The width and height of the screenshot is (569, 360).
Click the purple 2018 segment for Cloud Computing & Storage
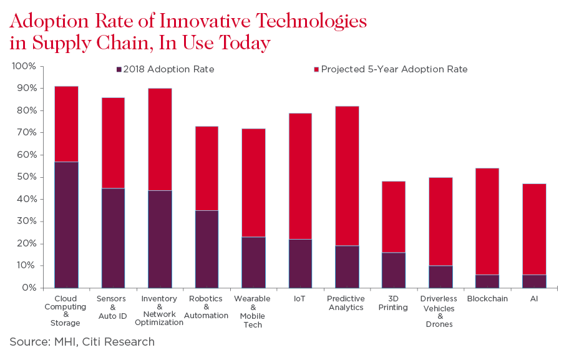pyautogui.click(x=66, y=225)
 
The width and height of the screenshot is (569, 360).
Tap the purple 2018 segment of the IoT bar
pyautogui.click(x=300, y=263)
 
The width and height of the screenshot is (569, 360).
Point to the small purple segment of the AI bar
pyautogui.click(x=534, y=281)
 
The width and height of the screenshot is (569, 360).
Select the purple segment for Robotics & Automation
pyautogui.click(x=207, y=249)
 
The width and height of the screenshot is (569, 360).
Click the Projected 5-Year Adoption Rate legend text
pyautogui.click(x=394, y=69)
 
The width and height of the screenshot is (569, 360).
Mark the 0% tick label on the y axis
pyautogui.click(x=28, y=288)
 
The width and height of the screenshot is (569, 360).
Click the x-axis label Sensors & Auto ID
pyautogui.click(x=112, y=308)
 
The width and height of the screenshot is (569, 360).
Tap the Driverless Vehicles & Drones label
pyautogui.click(x=440, y=311)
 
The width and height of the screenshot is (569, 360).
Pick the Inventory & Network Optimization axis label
pyautogui.click(x=159, y=311)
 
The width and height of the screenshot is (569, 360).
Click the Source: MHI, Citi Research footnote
pyautogui.click(x=82, y=341)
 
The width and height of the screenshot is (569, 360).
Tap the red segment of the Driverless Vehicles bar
pyautogui.click(x=440, y=221)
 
